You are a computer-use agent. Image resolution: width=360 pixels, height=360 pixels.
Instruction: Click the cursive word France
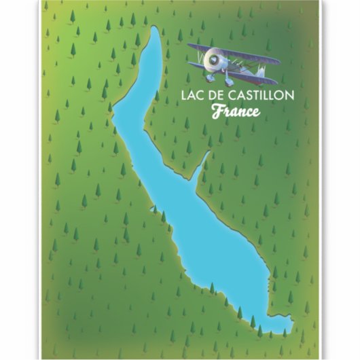(x=235, y=111)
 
